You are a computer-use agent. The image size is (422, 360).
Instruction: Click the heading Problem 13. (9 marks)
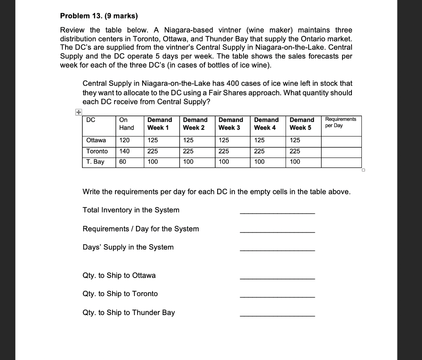99,16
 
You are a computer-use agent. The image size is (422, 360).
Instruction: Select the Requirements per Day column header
340,122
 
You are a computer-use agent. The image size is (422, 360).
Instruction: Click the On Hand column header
126,124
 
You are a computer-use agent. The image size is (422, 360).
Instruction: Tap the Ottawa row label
96,141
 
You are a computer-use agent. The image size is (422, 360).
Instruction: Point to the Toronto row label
97,151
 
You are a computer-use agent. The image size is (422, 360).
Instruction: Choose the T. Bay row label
95,162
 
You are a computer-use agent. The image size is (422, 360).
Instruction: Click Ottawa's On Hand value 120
124,141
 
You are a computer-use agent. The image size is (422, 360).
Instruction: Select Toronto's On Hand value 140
124,151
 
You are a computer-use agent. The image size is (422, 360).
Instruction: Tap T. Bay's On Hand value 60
122,162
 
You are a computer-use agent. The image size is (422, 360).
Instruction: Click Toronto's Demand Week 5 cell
295,151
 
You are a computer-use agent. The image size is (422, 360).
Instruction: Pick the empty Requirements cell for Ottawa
341,141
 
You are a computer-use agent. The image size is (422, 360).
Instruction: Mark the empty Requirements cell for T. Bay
341,162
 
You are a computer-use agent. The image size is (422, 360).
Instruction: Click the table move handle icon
78,112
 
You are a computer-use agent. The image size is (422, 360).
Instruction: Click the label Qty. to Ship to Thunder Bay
129,313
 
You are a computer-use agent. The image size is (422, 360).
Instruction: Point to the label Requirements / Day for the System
141,229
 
